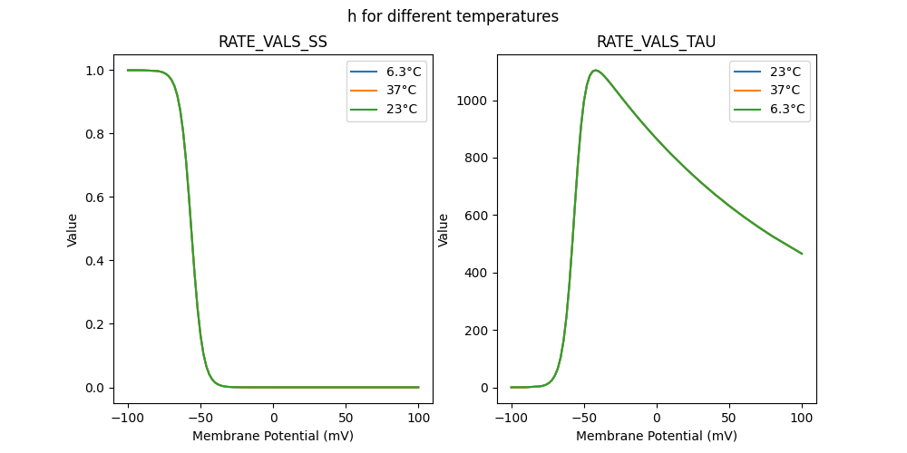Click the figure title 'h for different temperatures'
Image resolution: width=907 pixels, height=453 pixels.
(x=453, y=16)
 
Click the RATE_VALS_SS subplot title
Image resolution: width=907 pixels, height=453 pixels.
(x=273, y=42)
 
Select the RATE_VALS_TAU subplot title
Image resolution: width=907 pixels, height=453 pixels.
(x=656, y=42)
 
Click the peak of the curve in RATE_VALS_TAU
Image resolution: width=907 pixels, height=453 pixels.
(x=595, y=70)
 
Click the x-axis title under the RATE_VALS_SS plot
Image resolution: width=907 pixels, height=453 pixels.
(x=273, y=436)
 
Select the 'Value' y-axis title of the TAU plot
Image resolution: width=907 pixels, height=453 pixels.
(x=444, y=229)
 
